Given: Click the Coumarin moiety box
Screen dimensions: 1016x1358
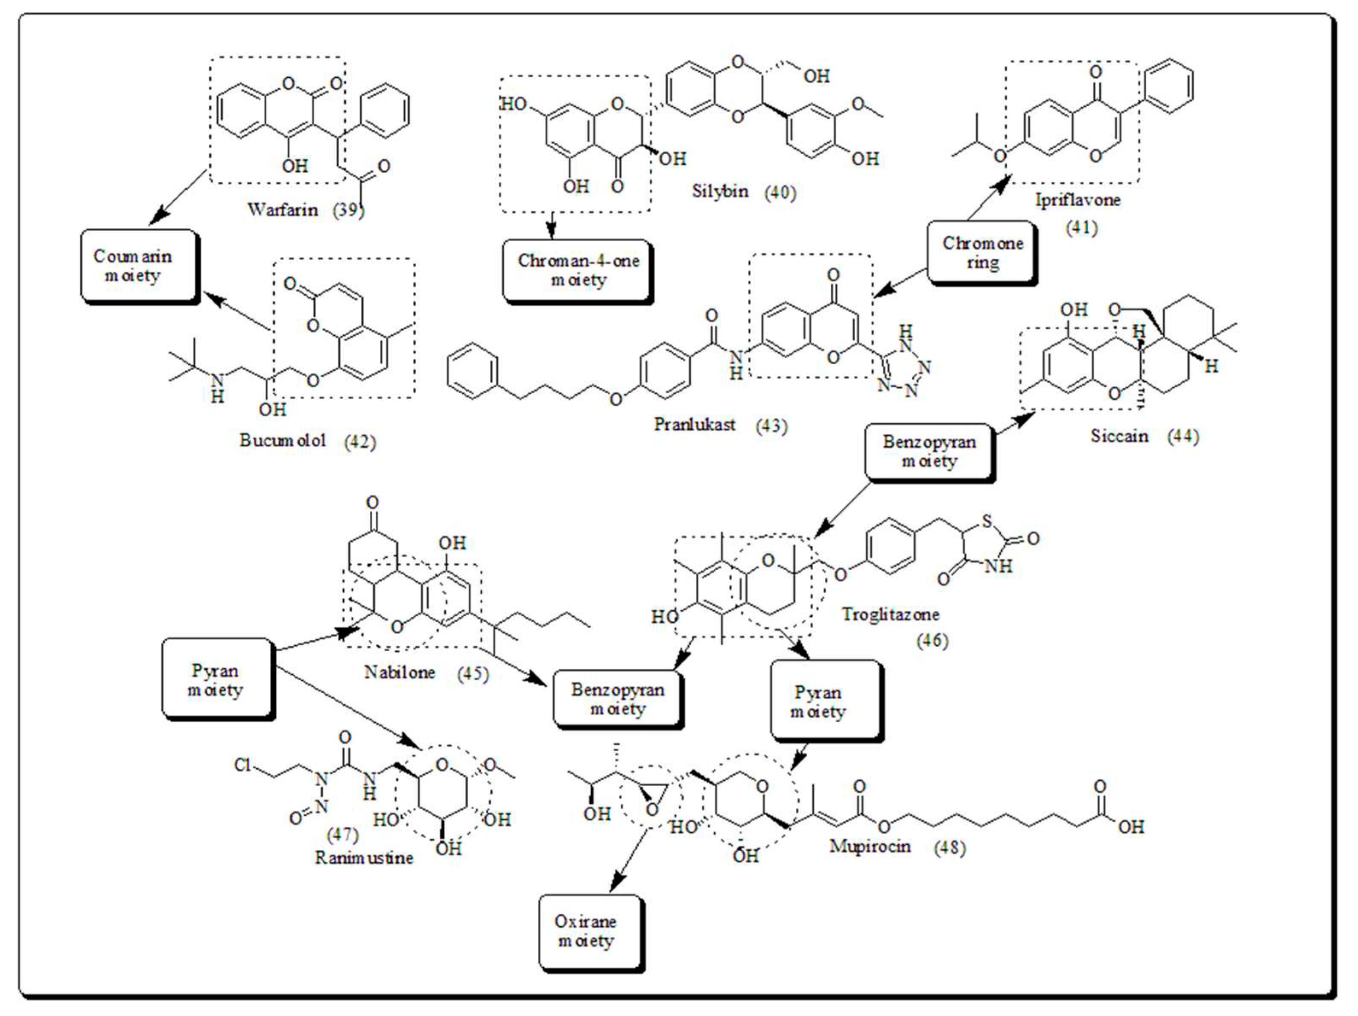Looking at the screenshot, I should pos(139,266).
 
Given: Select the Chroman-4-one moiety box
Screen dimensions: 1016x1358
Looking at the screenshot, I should pos(577,270).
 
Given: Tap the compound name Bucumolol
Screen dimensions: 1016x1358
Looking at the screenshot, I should pos(283,440).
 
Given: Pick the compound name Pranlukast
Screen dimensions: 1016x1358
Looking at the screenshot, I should pos(694,425).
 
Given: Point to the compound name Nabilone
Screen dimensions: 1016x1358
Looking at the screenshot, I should pos(399,672).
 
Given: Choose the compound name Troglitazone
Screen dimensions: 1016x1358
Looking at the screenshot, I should pos(890,614).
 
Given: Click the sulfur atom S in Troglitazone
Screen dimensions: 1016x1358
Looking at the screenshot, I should pos(987,521).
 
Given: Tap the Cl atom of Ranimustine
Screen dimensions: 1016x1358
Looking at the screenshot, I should pos(242,765).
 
